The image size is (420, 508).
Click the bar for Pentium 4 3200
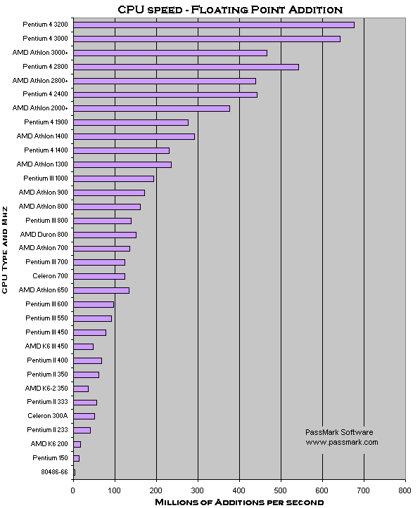pos(214,25)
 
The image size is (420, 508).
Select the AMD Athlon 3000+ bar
pos(170,53)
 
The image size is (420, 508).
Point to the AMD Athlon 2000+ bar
pos(151,108)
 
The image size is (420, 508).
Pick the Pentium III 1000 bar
pos(113,179)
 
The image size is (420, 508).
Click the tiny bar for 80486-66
pos(75,473)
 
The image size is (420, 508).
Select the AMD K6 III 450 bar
pos(83,346)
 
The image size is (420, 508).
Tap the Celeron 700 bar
pos(99,276)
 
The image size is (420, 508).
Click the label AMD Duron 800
pos(44,234)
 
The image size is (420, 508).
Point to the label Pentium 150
pos(50,458)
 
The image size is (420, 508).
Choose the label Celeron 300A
pos(48,416)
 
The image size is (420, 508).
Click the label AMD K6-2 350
pos(46,388)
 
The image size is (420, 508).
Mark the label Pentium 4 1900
pos(46,122)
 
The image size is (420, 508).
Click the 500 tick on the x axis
pos(281,490)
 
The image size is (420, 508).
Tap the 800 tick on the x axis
pos(405,490)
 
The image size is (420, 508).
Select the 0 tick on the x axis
pos(73,490)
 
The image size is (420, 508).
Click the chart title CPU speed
pos(150,10)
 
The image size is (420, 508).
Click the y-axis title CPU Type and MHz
pos(4,250)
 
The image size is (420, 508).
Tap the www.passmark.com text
pos(342,442)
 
